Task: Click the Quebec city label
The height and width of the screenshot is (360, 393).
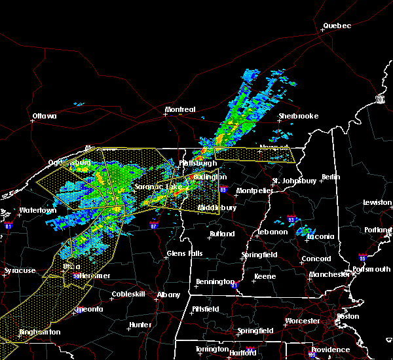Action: coord(337,26)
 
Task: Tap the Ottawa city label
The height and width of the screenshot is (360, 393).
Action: coord(44,117)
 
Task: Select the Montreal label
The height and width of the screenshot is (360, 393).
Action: coord(180,109)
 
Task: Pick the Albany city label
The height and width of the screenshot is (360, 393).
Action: coord(168,295)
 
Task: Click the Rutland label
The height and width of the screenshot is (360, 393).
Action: coord(221,234)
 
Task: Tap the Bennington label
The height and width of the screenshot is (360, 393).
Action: coord(214,282)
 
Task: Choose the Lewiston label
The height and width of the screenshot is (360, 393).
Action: coord(378,203)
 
